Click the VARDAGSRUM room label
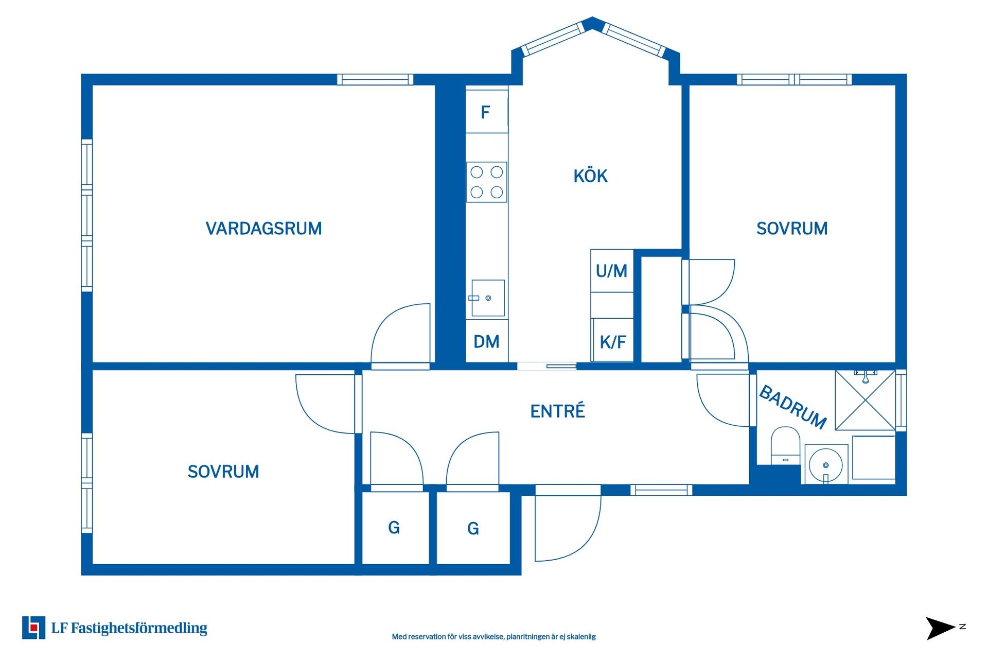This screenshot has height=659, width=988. [x=263, y=228]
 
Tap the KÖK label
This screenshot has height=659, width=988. [x=590, y=176]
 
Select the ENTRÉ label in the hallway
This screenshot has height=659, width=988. [x=557, y=411]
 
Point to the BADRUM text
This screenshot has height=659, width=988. [x=792, y=407]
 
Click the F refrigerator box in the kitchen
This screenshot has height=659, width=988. [x=486, y=112]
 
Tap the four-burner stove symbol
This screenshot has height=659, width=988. [x=486, y=182]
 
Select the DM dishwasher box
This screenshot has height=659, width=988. [x=486, y=341]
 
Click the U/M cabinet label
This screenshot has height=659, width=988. [x=611, y=271]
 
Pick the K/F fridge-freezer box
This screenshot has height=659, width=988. [x=612, y=342]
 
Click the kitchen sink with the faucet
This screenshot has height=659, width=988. [x=488, y=298]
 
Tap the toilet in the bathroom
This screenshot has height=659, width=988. [x=785, y=445]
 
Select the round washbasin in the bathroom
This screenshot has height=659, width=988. [x=825, y=464]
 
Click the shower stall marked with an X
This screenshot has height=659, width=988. [x=865, y=400]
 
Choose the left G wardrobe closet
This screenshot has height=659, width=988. [x=395, y=528]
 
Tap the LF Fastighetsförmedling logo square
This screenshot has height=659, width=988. [x=33, y=628]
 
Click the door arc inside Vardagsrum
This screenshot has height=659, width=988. [x=399, y=335]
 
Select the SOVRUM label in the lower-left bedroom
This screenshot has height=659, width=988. [x=223, y=472]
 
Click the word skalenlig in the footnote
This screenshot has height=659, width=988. [x=583, y=637]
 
